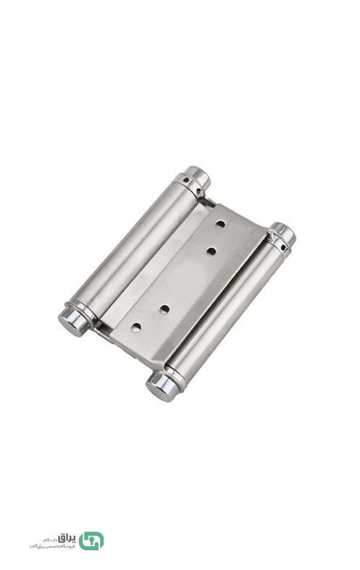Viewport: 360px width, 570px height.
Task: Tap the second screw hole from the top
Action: pos(211,252)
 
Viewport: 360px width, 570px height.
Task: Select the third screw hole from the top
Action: pos(164,309)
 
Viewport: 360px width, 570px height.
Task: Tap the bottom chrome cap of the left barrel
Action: pos(72,319)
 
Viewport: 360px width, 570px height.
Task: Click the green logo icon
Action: pos(92,540)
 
